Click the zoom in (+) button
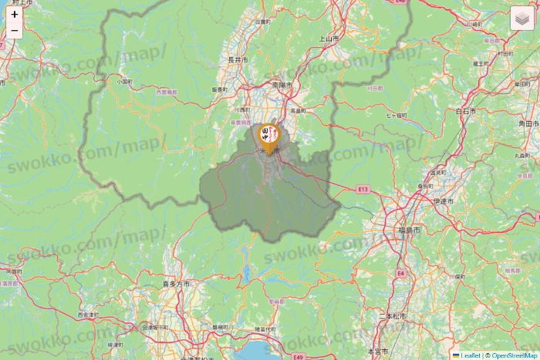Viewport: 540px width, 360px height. click(15, 14)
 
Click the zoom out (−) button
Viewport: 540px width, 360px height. click(15, 31)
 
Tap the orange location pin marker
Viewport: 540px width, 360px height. click(269, 136)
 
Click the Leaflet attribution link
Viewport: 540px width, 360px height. click(470, 355)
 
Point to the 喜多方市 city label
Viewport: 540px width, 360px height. click(176, 284)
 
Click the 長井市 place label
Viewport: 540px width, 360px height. click(238, 59)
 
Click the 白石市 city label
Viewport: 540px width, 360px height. click(465, 111)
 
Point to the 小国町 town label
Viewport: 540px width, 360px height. click(124, 80)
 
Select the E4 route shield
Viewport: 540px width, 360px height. click(401, 273)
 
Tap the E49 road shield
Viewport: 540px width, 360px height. click(297, 357)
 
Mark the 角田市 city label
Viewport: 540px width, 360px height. click(527, 123)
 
